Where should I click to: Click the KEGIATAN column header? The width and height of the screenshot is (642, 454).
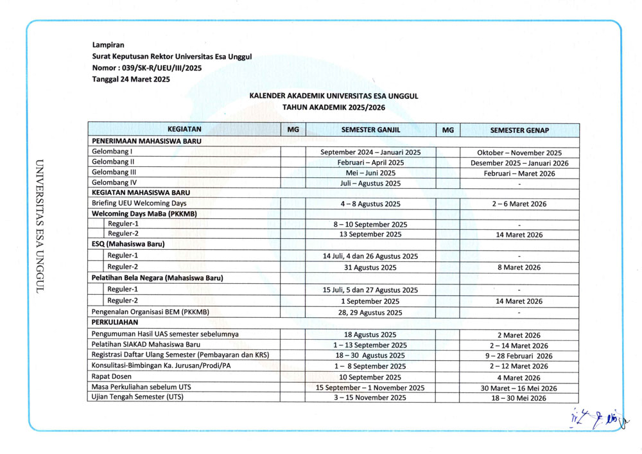click(184, 130)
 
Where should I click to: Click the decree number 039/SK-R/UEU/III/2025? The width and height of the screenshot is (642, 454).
click(147, 67)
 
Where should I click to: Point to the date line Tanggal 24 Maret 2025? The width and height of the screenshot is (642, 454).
click(131, 79)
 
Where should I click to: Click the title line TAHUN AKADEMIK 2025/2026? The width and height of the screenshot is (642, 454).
click(334, 107)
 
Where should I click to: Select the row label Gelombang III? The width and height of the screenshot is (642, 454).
click(114, 173)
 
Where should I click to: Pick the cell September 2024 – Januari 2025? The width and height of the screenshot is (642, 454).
click(370, 153)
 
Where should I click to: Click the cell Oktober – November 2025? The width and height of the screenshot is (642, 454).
click(519, 153)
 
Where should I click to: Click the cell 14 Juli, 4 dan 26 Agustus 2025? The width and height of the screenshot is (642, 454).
click(370, 256)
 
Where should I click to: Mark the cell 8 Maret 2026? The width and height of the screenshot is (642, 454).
click(519, 268)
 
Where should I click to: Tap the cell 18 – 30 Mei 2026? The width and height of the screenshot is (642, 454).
click(519, 399)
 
